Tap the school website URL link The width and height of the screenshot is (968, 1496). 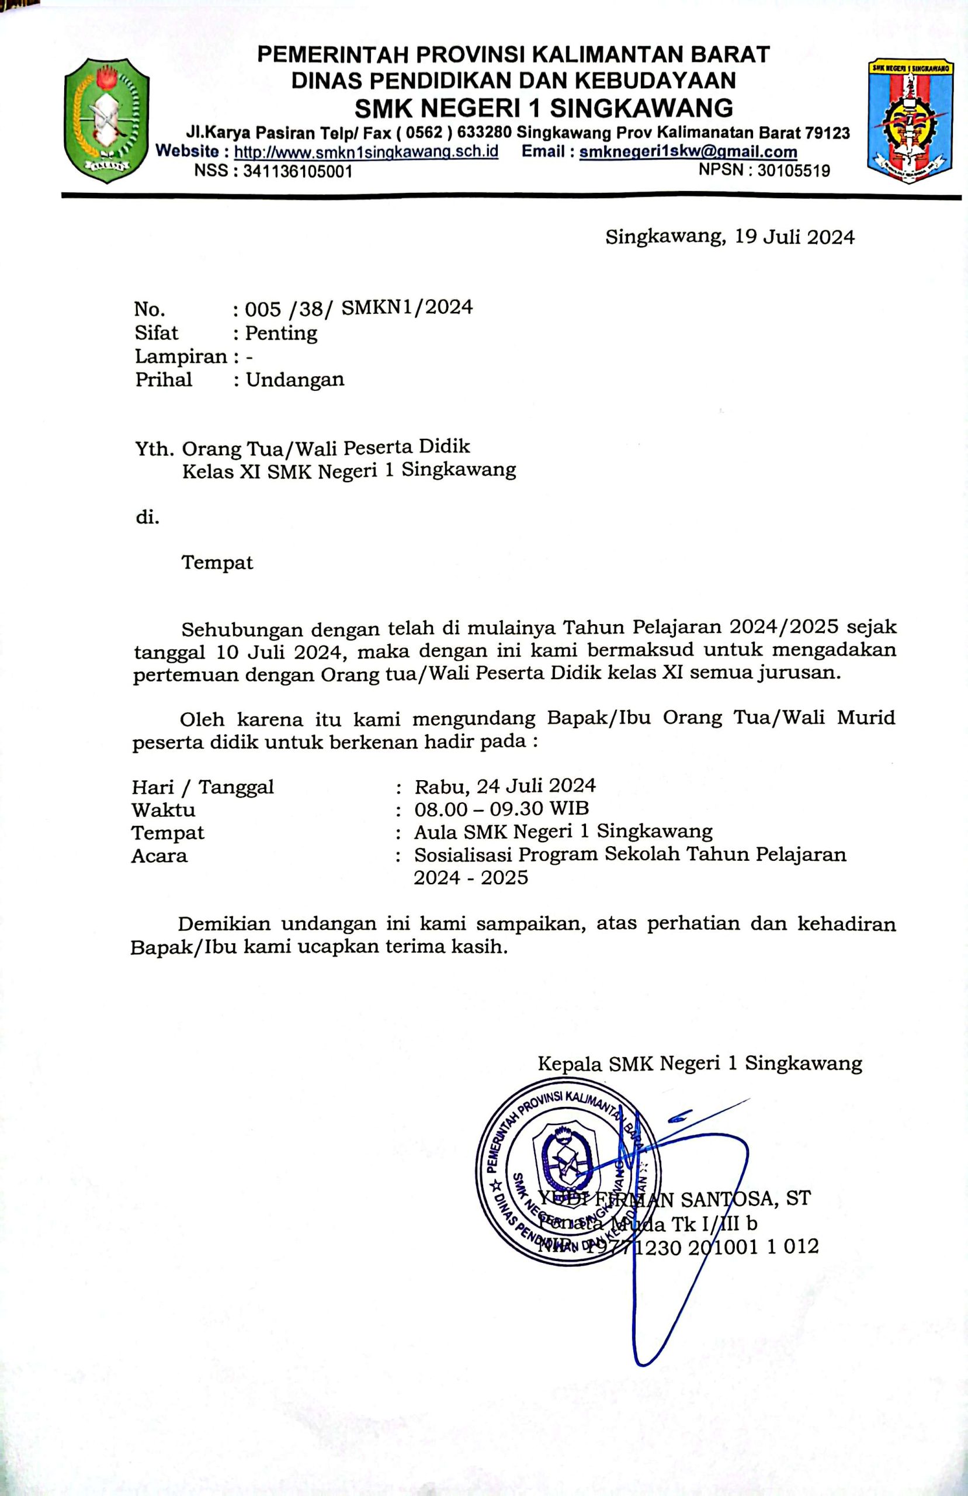coord(366,152)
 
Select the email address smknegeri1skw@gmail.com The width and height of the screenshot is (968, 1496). coord(688,152)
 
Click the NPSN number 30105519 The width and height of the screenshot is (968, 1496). coord(793,170)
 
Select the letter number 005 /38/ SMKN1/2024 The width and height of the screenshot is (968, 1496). coord(358,307)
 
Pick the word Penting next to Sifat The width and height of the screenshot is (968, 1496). coord(281,333)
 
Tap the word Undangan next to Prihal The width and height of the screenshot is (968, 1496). coord(295,380)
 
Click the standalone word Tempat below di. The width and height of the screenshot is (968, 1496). coord(217,562)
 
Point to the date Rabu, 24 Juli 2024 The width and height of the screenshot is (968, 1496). coord(505,786)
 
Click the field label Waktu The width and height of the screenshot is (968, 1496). coord(163,809)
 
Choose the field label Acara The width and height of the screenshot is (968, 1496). coord(159,856)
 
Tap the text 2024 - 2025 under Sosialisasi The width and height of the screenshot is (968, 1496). coord(471,878)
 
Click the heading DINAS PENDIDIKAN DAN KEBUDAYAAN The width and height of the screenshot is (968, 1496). coord(513,81)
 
